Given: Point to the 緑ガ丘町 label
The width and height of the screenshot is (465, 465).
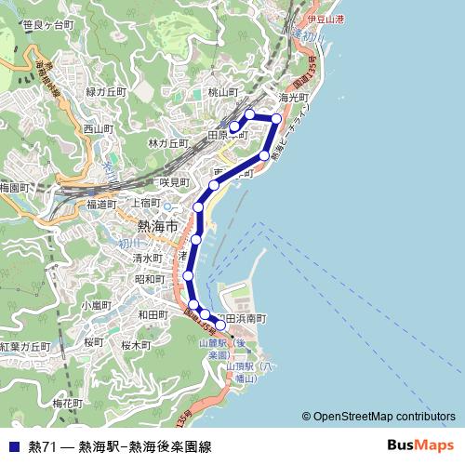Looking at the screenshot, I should click(x=105, y=91).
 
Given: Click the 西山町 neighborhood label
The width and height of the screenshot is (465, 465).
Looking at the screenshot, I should click(x=97, y=128).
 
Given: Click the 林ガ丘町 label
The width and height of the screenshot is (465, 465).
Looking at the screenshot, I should click(x=168, y=143).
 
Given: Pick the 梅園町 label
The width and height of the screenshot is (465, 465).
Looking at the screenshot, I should click(x=16, y=187).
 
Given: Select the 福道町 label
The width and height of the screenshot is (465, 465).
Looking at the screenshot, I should click(x=101, y=204).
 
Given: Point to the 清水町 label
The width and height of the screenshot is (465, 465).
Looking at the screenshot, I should click(x=147, y=258).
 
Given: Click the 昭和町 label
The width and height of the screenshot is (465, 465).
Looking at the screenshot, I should click(x=150, y=279).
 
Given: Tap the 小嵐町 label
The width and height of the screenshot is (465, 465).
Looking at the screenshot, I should click(x=96, y=304).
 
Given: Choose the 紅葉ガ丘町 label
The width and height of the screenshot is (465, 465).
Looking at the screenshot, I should click(x=25, y=346).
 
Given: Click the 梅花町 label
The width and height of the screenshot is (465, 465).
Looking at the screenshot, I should click(x=68, y=404).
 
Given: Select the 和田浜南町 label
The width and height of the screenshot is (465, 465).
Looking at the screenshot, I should click(x=240, y=318).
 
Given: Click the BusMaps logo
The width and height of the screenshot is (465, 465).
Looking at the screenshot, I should click(x=420, y=445).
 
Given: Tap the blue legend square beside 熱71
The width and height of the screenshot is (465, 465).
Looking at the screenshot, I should click(x=12, y=445).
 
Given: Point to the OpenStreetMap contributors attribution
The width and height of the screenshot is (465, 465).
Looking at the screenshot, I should click(x=383, y=418).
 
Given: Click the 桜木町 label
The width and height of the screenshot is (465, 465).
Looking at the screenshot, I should click(x=136, y=344).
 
